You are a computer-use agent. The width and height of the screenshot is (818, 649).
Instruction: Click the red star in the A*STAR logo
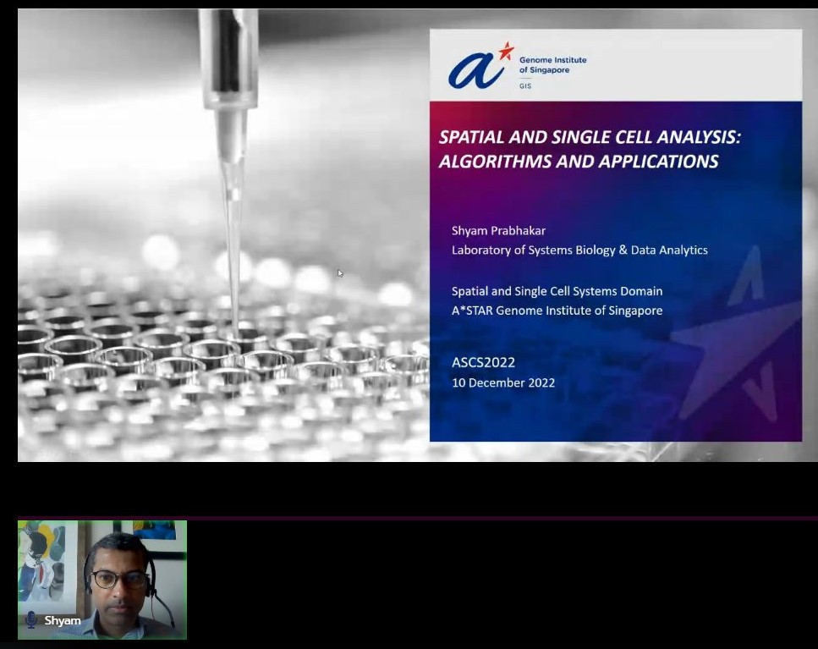coord(506,52)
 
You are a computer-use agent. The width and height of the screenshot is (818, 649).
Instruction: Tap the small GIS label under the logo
coord(525,86)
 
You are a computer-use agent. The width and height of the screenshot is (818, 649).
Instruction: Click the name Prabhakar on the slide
coord(519,229)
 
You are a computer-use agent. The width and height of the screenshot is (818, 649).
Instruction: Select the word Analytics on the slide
coord(681,250)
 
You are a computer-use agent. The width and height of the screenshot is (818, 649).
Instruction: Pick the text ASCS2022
coord(483,362)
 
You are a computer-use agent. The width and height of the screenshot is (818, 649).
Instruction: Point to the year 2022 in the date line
coord(540,382)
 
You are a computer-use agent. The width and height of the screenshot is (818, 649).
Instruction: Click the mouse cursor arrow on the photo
coord(340,272)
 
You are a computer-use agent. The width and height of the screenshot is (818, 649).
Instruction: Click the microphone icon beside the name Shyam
coord(31,620)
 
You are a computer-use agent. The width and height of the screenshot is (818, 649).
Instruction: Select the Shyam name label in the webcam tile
coord(63,620)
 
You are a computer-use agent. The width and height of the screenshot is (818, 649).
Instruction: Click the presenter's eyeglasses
coord(116,579)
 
